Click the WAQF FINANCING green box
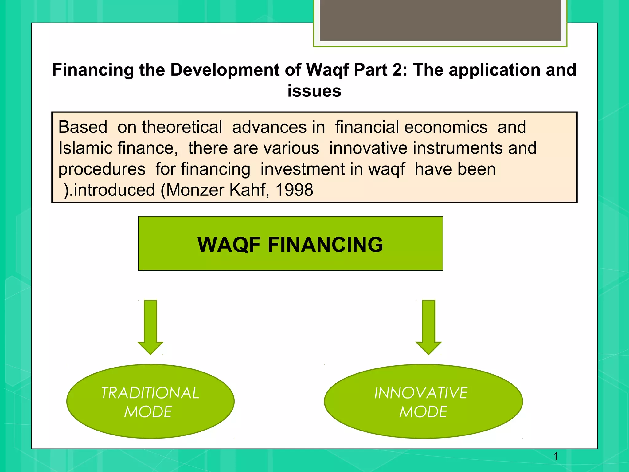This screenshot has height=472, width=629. click(x=290, y=243)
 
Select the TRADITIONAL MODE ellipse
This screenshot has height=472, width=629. click(x=150, y=401)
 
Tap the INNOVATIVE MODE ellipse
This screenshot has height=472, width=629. click(x=423, y=401)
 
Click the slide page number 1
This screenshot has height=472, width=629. click(x=555, y=456)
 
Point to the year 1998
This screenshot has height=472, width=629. click(x=294, y=190)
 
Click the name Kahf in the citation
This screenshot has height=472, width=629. click(x=249, y=190)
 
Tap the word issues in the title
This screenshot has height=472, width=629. click(x=314, y=91)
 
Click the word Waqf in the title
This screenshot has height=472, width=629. click(x=327, y=70)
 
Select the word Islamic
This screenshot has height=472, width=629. click(x=82, y=148)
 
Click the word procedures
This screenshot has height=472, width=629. click(x=102, y=169)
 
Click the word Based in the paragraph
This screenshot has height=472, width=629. click(x=83, y=127)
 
